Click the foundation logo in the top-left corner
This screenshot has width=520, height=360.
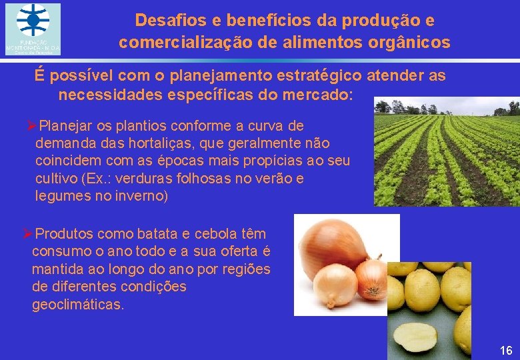coord(33,29)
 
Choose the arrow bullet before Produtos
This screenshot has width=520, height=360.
coord(27,234)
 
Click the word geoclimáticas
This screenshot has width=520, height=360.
coord(77,305)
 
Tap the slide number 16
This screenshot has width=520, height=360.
coord(505,350)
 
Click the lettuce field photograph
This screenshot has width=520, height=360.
coord(447,152)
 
